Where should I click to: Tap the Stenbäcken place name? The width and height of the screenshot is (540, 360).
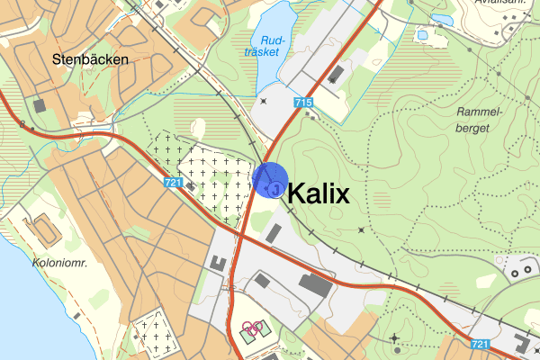(90, 59)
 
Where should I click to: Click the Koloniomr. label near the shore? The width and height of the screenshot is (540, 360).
(58, 264)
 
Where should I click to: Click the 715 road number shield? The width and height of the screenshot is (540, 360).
(302, 103)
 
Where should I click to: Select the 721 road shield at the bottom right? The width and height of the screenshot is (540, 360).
(479, 343)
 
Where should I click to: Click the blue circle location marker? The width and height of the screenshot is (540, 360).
(270, 179)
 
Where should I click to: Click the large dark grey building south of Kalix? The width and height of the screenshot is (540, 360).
(314, 286)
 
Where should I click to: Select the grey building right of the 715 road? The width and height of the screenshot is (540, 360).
(337, 74)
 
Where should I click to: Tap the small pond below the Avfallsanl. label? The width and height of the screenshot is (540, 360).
(441, 19)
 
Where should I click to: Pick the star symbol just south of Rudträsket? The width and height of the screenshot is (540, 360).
(263, 101)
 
